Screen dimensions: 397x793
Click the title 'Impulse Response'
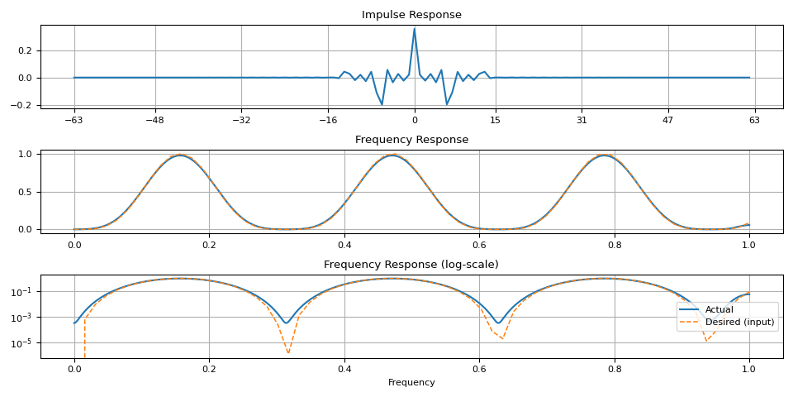pyautogui.click(x=411, y=15)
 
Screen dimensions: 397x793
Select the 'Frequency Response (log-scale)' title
pyautogui.click(x=411, y=265)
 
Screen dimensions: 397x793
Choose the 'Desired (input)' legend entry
pyautogui.click(x=739, y=323)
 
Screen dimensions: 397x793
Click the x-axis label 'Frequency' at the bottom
pyautogui.click(x=411, y=383)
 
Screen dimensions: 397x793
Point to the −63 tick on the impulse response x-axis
pyautogui.click(x=74, y=120)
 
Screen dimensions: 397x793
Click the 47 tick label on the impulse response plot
pyautogui.click(x=668, y=120)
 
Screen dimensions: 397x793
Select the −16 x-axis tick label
pyautogui.click(x=327, y=120)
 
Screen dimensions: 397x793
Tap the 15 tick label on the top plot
pyautogui.click(x=496, y=120)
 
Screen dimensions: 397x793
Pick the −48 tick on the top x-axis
pyautogui.click(x=154, y=120)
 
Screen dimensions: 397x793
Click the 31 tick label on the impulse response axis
pyautogui.click(x=582, y=120)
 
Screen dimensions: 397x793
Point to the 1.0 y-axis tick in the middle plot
pyautogui.click(x=26, y=154)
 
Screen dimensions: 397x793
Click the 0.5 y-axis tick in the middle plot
pyautogui.click(x=26, y=192)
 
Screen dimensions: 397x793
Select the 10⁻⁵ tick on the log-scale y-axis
pyautogui.click(x=22, y=342)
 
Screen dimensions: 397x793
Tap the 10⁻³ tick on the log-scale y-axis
pyautogui.click(x=22, y=317)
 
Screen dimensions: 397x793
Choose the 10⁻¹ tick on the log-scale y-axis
pyautogui.click(x=22, y=291)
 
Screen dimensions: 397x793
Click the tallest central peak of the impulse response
pyautogui.click(x=414, y=29)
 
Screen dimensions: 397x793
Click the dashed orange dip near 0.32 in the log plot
pyautogui.click(x=288, y=353)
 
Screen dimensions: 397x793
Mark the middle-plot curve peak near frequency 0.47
pyautogui.click(x=392, y=155)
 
